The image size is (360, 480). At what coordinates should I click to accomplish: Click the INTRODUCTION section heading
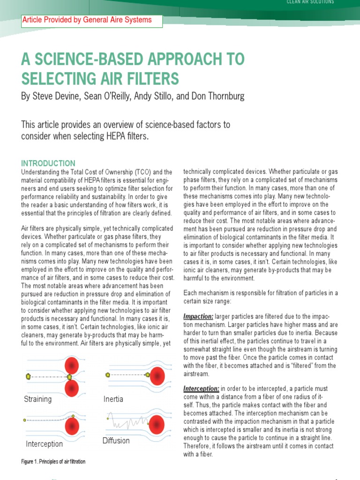coord(48,164)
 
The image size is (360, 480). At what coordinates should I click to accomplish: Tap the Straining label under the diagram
coord(37,399)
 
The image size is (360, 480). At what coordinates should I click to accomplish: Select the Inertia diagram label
coord(113,399)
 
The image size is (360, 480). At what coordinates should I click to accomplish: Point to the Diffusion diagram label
coord(116,441)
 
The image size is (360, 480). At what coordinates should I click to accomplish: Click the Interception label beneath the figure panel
coord(44,444)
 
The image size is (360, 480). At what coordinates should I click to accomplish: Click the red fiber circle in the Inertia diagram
coord(156,375)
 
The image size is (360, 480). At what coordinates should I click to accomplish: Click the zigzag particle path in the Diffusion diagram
coord(127,421)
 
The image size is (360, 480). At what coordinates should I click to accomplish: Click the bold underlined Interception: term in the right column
coord(201,389)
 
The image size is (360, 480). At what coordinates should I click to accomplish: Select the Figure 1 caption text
coord(53,462)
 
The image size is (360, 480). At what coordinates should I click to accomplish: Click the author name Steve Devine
coord(54,96)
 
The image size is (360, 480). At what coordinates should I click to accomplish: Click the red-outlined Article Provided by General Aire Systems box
coord(91,20)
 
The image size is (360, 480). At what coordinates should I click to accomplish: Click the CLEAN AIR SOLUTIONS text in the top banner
coord(310,2)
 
